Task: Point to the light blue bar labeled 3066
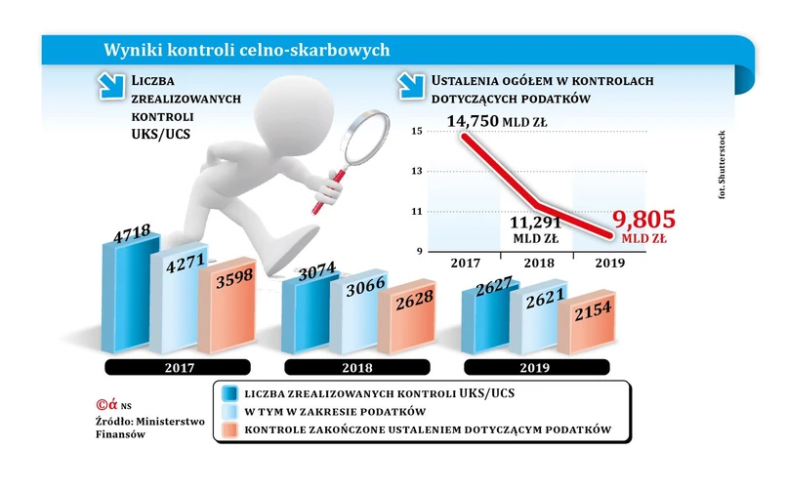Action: click(352, 312)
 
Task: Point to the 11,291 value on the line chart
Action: click(530, 221)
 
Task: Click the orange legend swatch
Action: click(230, 430)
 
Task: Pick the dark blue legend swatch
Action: click(230, 392)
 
